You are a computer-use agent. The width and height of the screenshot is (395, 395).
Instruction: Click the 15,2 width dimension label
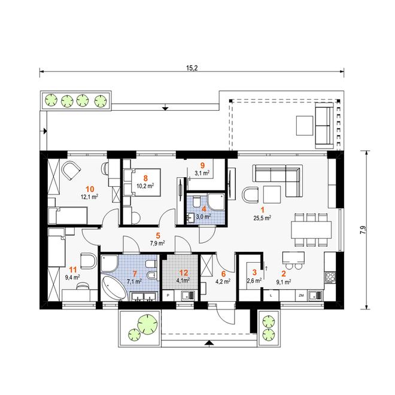click(x=192, y=68)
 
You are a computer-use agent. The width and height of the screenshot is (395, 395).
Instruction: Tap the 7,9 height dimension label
click(x=363, y=230)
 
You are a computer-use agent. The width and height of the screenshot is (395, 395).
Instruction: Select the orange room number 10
click(x=90, y=189)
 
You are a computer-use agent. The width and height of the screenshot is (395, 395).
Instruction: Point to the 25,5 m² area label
click(x=263, y=218)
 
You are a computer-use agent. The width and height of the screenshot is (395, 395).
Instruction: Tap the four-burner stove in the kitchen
click(x=330, y=277)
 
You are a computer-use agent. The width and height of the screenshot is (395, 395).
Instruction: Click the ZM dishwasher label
click(x=301, y=296)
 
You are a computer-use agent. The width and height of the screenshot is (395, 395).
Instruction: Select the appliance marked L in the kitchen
click(x=271, y=296)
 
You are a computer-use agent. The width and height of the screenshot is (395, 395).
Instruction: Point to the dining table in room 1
click(x=311, y=230)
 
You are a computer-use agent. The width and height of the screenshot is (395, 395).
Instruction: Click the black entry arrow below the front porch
click(x=208, y=342)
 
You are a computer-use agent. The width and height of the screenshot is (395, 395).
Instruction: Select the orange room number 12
click(x=183, y=272)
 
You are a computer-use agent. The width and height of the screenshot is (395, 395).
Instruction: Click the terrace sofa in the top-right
click(x=324, y=126)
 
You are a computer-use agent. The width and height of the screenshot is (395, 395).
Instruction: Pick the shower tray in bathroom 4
click(x=215, y=202)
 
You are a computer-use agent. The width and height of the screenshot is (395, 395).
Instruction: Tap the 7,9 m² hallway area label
click(x=157, y=243)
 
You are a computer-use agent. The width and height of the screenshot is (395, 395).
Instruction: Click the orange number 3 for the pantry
click(x=254, y=272)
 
